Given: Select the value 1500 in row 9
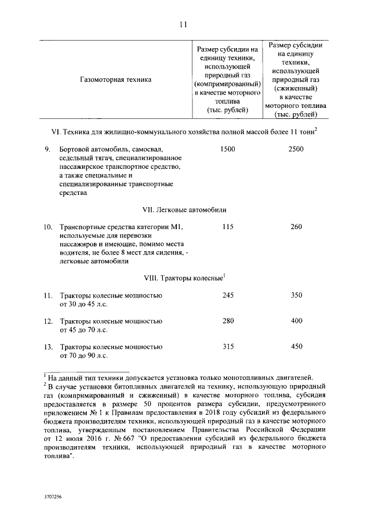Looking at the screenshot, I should click(x=228, y=150).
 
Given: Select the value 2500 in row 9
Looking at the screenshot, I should click(x=296, y=150).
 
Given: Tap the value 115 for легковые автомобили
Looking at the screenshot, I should click(x=228, y=227).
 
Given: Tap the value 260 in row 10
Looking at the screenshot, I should click(x=296, y=227).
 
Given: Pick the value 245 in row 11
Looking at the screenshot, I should click(x=228, y=295).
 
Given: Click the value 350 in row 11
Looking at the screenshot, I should click(x=296, y=295).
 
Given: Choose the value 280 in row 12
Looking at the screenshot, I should click(x=228, y=321).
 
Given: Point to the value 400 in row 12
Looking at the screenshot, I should click(x=296, y=321).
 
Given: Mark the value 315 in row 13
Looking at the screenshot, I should click(x=228, y=346).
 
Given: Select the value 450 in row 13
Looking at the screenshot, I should click(x=296, y=346).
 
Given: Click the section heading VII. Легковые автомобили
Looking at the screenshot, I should click(x=184, y=208).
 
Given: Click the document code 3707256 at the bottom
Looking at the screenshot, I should click(x=52, y=498).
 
